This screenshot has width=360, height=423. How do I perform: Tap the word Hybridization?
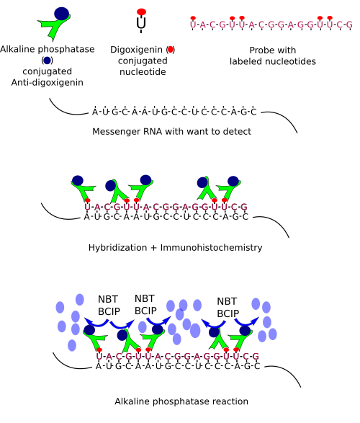click(x=117, y=248)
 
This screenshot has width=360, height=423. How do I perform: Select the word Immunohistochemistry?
click(x=211, y=248)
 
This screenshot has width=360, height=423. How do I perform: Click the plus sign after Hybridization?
click(x=153, y=248)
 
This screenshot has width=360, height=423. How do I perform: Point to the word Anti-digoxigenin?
click(x=47, y=83)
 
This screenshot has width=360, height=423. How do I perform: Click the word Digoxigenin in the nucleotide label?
click(x=136, y=50)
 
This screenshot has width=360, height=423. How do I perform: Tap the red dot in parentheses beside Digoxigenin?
click(x=171, y=50)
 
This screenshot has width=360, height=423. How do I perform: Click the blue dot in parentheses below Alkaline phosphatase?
click(x=47, y=61)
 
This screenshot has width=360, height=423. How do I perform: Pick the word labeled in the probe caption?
click(x=246, y=61)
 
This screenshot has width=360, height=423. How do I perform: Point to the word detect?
click(x=238, y=132)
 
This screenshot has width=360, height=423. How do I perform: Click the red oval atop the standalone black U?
click(x=141, y=12)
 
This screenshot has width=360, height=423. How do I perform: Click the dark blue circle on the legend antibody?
click(x=62, y=14)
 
